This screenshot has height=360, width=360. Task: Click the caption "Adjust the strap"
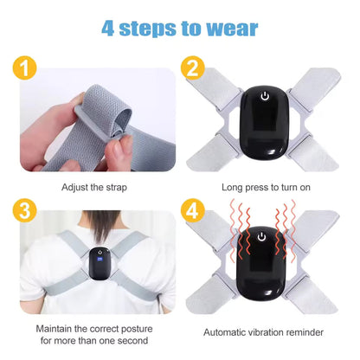click(96, 186)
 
